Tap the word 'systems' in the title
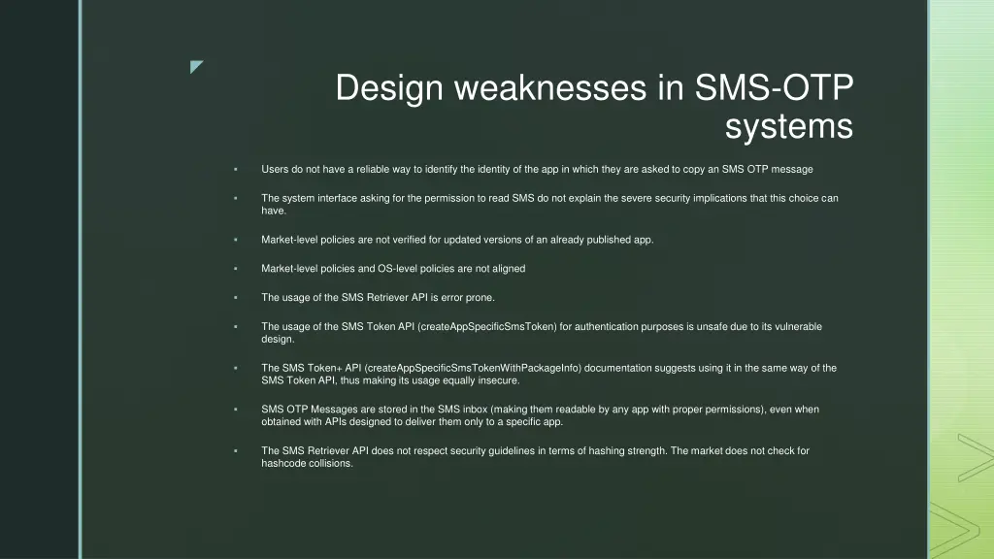click(x=788, y=126)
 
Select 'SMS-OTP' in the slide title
click(x=775, y=88)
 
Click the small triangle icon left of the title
click(x=197, y=67)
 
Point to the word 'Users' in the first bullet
click(x=275, y=169)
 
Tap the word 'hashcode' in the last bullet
click(x=282, y=463)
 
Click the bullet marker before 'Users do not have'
click(x=236, y=170)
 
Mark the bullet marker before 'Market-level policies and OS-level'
click(x=236, y=269)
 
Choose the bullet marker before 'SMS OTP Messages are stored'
click(x=236, y=411)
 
